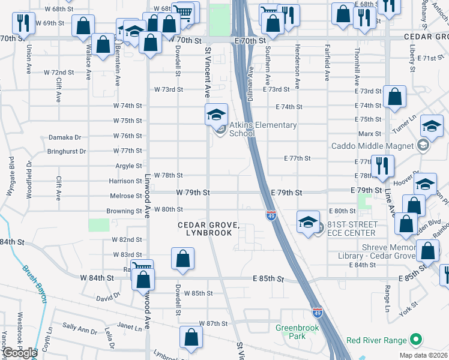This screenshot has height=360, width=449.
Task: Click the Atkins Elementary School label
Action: coord(263,129)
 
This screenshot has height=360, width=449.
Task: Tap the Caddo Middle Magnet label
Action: coord(373,146)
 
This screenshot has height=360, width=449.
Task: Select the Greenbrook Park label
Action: coord(291,332)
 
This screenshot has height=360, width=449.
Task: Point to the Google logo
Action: coord(19,353)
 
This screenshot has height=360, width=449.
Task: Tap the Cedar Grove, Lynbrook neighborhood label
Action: coord(208,229)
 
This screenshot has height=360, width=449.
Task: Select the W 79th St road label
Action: coord(193,193)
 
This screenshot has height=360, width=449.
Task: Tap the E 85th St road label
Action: coord(268,279)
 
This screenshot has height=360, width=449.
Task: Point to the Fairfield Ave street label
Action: coord(327,64)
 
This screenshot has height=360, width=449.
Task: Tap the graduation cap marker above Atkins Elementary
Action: coord(216,114)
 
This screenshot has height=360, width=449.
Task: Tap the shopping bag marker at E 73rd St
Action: coord(395,97)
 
